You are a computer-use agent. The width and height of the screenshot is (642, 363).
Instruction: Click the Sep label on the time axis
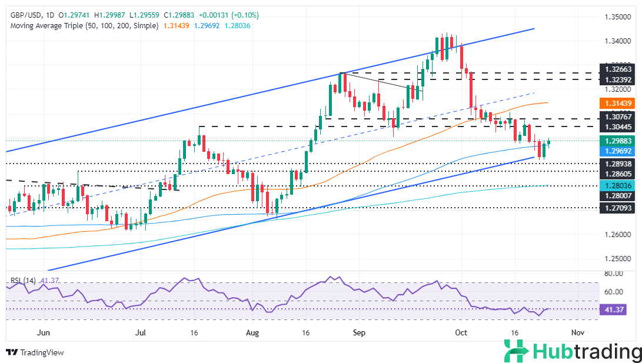(x=359, y=332)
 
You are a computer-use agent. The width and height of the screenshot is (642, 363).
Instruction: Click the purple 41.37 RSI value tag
(x=611, y=310)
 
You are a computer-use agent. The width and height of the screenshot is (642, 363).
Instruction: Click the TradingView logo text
(x=41, y=352)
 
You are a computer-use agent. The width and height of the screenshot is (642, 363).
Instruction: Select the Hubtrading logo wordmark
(x=586, y=352)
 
